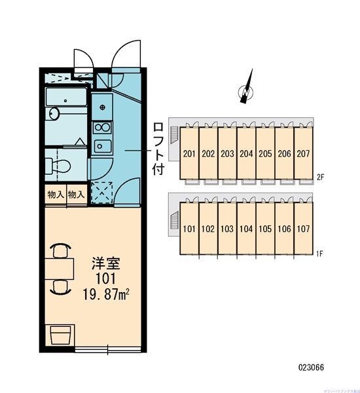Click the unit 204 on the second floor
246,155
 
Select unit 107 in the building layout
304,230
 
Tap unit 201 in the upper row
189,155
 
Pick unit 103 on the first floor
227,230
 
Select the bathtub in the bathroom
66,100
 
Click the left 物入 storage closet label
56,194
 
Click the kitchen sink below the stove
101,146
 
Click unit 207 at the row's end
304,155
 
